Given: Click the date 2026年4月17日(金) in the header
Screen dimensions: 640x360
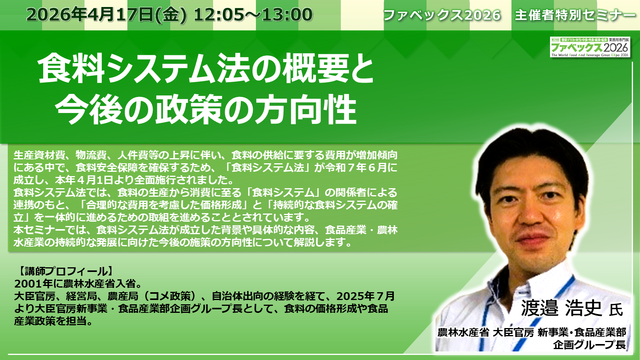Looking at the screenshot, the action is click(107, 15).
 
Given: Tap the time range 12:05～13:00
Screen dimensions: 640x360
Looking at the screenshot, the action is click(253, 15).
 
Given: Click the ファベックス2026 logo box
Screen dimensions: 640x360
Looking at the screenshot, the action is click(590, 47).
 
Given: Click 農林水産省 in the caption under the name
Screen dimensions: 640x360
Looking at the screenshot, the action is click(463, 333).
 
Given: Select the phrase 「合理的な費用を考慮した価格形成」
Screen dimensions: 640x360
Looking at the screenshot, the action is click(164, 205).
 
